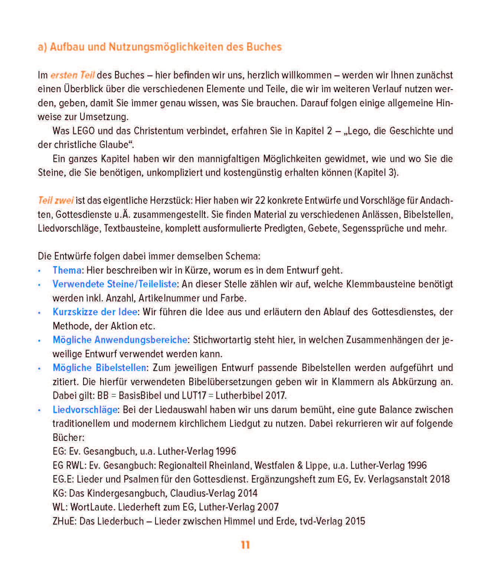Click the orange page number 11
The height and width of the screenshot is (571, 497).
coord(245,545)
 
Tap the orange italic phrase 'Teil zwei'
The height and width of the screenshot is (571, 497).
coord(56,201)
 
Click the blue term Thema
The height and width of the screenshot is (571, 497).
coord(67,270)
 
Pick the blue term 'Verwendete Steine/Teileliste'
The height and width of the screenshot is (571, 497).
coord(114,284)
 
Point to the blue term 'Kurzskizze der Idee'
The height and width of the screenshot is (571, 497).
coord(95,312)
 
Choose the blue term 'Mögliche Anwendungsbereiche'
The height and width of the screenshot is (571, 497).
coord(120,340)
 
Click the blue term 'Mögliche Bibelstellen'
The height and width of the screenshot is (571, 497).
coord(99,368)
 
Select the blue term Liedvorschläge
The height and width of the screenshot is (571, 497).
coord(85,410)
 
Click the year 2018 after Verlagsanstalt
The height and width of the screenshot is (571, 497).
coord(439,479)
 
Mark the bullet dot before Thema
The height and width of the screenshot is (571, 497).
coord(39,271)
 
